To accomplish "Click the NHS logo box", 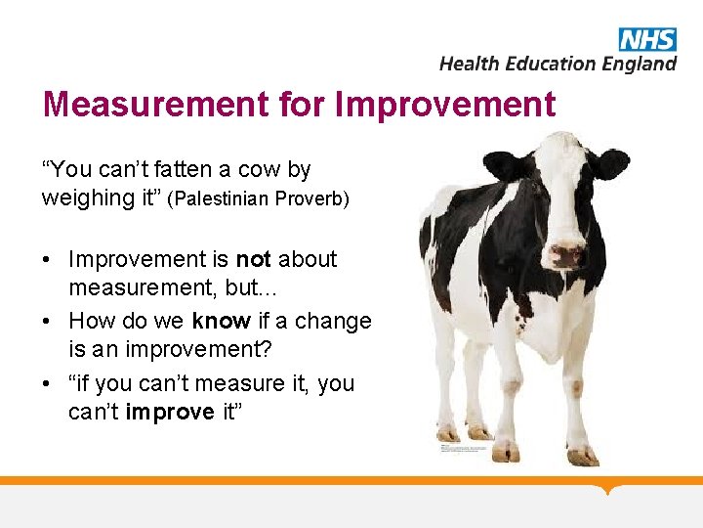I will (646, 39).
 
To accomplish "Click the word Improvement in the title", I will (445, 105).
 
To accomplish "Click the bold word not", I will (254, 259).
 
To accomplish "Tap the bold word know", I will (221, 321).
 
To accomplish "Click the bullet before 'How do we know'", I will (47, 322).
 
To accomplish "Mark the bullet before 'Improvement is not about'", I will (47, 260).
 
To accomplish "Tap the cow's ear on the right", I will (611, 162).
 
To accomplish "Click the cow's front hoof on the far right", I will (583, 455).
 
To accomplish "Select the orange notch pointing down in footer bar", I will (610, 488).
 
